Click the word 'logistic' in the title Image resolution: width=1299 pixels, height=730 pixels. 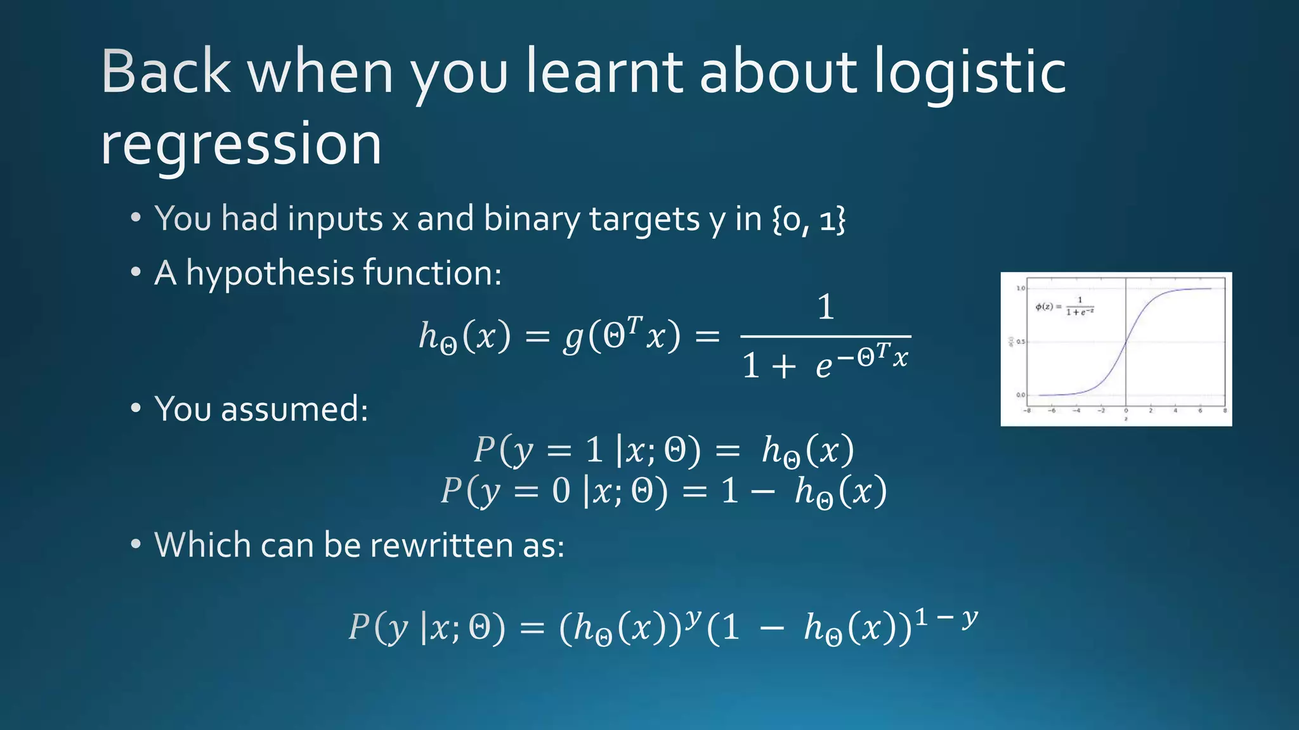click(x=970, y=73)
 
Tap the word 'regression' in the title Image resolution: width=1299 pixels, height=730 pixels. click(x=241, y=144)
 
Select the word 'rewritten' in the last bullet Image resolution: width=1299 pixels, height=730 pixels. click(x=443, y=545)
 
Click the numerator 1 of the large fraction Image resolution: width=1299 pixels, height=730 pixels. click(x=825, y=307)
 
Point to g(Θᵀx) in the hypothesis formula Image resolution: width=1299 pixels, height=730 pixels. click(x=622, y=336)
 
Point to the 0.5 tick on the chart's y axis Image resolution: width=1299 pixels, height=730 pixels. click(x=1020, y=342)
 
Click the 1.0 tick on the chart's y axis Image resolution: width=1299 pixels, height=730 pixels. click(x=1020, y=289)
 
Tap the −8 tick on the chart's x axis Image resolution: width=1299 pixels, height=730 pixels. click(x=1027, y=411)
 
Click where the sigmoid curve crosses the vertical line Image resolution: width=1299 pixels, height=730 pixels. click(x=1126, y=342)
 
